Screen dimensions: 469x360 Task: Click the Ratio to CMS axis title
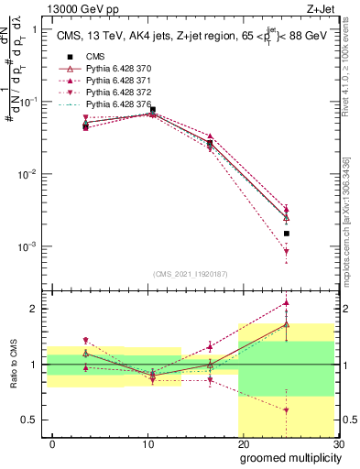click(12, 365)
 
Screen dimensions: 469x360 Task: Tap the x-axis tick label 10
click(147, 443)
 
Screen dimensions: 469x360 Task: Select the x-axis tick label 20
click(243, 443)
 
